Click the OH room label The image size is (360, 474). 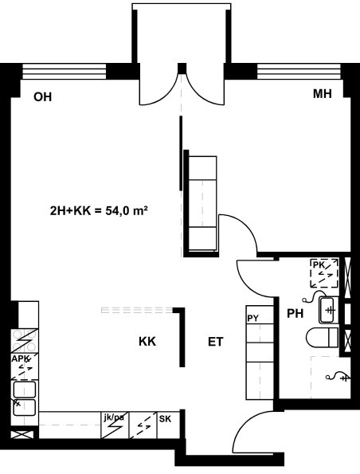43,97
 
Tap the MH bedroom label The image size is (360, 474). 323,94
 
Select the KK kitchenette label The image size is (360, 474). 147,342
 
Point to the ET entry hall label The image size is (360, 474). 216,342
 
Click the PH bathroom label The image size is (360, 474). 295,314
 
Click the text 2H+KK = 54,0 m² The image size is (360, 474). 99,210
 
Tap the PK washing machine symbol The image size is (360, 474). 324,273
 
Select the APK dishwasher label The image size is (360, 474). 21,358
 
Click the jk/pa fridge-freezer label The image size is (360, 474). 114,417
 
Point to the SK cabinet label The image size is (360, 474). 165,419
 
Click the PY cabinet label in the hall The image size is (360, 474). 253,319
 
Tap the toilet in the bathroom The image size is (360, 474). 323,337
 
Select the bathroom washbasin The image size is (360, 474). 327,310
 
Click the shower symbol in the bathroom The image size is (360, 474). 338,377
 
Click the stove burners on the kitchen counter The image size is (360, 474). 25,340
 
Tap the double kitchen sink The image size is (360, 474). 25,398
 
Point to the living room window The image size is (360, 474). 65,72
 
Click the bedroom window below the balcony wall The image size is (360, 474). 299,72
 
